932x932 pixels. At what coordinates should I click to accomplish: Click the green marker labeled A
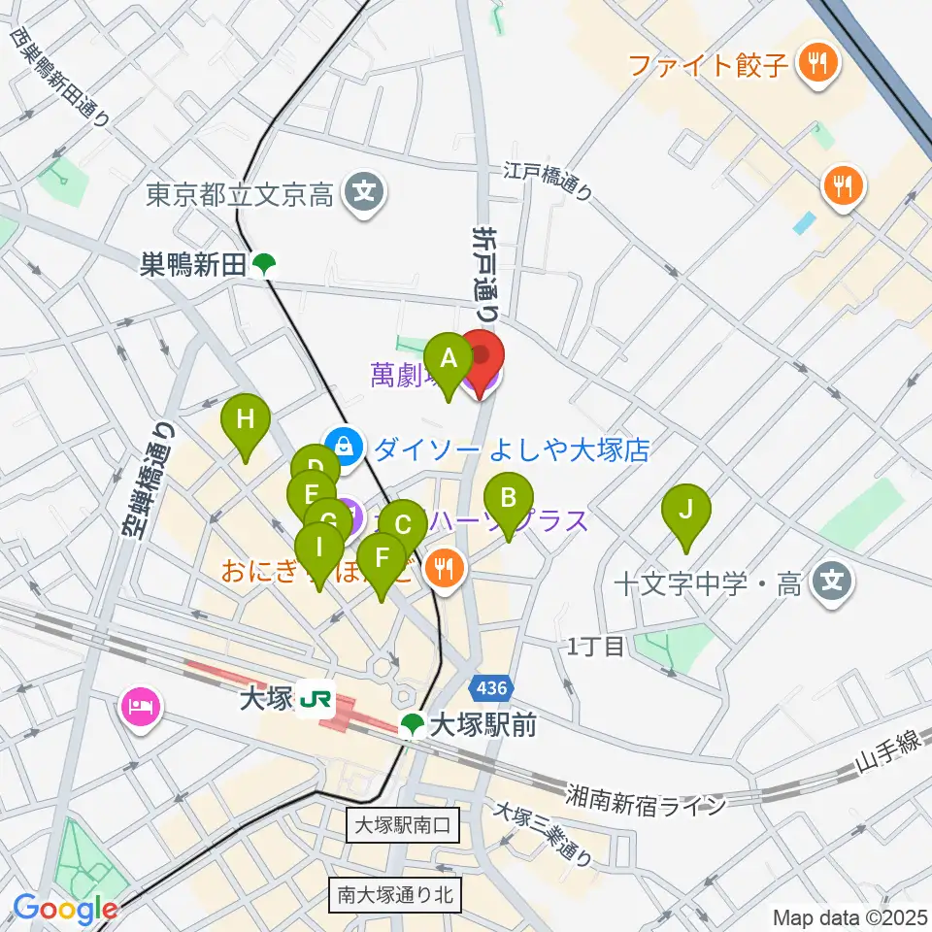pos(448,358)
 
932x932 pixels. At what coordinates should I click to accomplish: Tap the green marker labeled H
pos(245,421)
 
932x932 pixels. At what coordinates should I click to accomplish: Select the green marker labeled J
pos(685,510)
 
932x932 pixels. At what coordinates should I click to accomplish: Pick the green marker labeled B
pos(507,499)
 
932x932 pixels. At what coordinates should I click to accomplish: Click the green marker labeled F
pos(382,558)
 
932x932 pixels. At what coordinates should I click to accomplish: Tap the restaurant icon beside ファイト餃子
pos(812,64)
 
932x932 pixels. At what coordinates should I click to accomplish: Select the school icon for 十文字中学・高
pos(832,582)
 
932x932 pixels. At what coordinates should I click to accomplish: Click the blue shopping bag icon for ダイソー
pos(342,447)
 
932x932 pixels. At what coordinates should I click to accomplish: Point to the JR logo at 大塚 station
pos(316,698)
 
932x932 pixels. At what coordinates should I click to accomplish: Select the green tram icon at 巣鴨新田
pos(263,264)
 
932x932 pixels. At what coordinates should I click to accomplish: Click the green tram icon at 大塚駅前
pos(413,724)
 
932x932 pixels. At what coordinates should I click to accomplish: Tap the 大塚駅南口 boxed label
pos(403,826)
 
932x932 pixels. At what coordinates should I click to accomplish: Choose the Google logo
pos(65,909)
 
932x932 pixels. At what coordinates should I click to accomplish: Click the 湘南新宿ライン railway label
pos(647,788)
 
